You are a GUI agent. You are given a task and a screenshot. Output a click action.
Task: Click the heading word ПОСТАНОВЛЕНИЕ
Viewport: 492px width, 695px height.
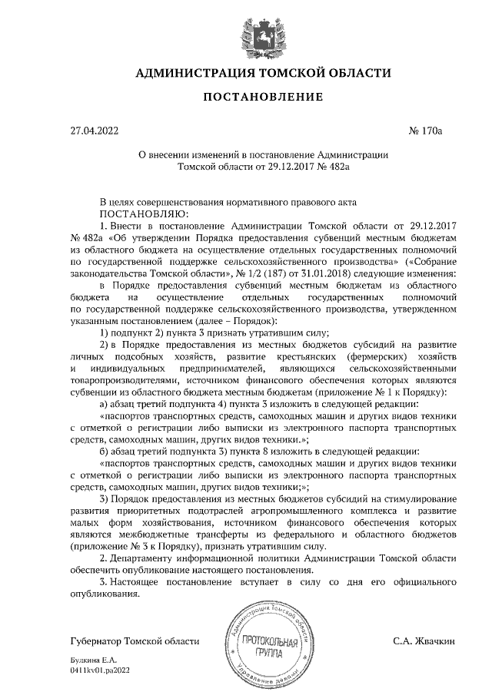tap(246, 98)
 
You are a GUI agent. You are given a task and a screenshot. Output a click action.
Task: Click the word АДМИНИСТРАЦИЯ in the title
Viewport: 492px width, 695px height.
tap(193, 74)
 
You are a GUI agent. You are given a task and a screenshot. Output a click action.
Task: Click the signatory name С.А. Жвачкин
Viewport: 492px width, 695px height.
tap(424, 640)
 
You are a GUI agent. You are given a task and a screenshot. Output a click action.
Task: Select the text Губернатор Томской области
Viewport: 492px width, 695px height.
tap(134, 640)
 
